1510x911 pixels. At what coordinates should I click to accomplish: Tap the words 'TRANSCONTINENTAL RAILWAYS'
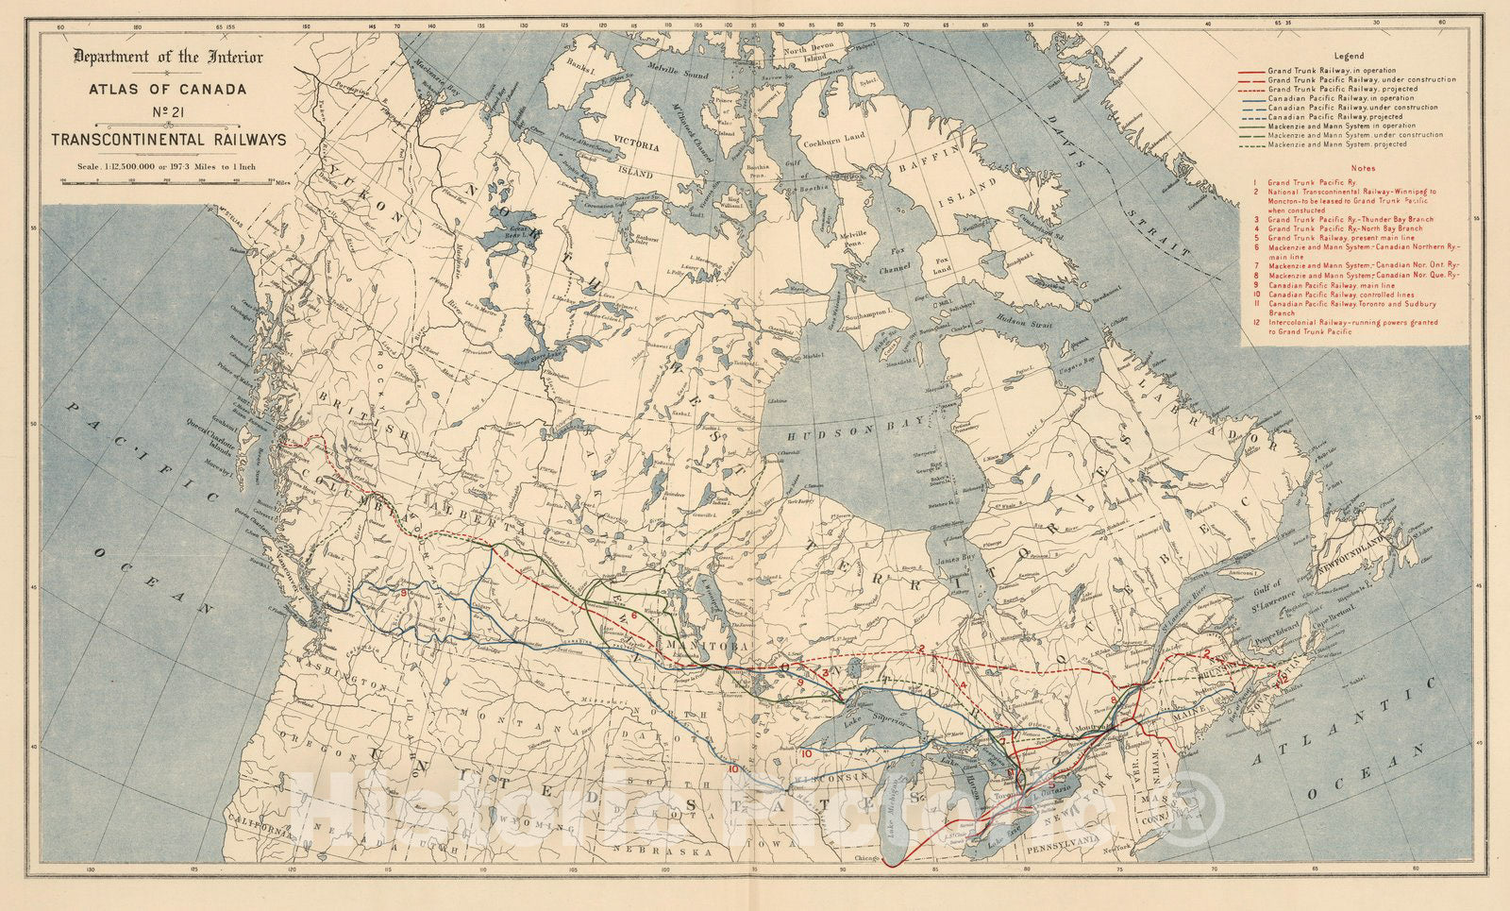(x=169, y=140)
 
